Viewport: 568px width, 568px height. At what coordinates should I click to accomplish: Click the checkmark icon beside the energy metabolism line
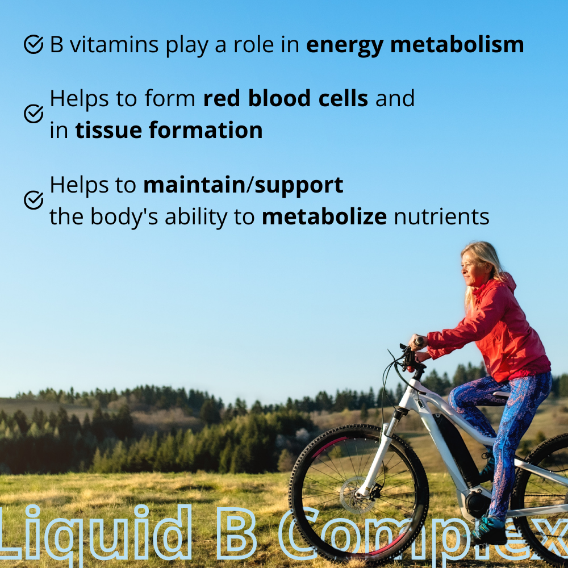pos(34,44)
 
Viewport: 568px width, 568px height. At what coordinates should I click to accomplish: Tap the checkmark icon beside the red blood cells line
pos(34,114)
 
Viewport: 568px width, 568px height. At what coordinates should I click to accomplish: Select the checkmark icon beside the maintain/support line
pos(34,199)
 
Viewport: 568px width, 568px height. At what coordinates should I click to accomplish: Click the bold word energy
pos(345,46)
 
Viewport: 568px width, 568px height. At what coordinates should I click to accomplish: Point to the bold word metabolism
pos(457,44)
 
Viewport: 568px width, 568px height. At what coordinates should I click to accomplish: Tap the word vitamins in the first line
pos(114,44)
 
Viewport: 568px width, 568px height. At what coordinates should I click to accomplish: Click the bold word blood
pos(279,98)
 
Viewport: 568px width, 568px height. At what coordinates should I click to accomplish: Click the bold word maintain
pos(194,185)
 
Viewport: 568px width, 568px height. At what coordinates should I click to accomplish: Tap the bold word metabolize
pos(324,216)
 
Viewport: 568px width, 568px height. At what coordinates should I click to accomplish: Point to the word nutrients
pos(441,216)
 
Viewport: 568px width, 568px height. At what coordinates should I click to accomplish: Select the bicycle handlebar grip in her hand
pos(419,341)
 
